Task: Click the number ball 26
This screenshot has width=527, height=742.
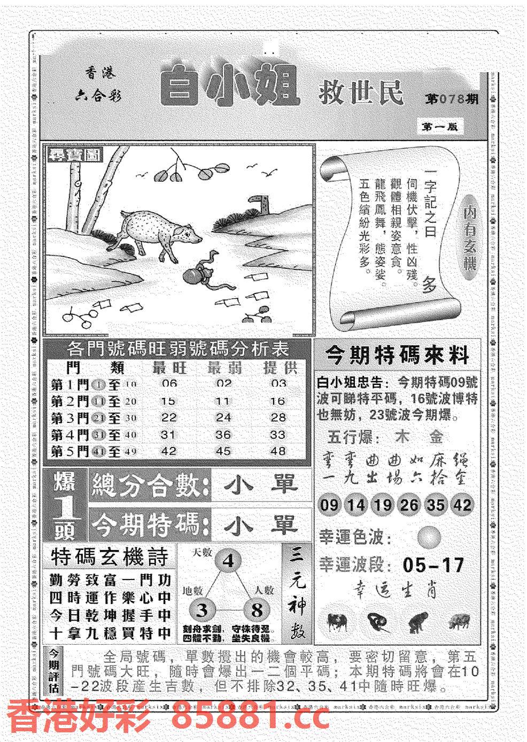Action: (409, 505)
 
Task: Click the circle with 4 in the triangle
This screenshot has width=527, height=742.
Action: (228, 561)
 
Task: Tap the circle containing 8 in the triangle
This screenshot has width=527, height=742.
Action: (258, 610)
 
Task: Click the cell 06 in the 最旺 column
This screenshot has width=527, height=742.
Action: (168, 384)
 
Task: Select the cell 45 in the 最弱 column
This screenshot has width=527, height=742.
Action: (223, 451)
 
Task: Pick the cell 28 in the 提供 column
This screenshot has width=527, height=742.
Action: (278, 417)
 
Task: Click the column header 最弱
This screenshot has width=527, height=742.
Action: (223, 368)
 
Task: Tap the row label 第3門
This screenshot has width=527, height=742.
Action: (69, 418)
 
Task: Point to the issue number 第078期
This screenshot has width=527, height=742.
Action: (452, 99)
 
